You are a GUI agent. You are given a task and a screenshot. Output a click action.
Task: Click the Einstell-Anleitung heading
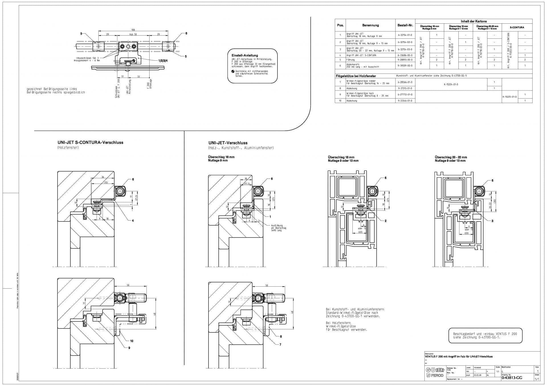[x=245, y=56]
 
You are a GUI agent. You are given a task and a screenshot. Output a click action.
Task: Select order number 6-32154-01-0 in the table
[x=405, y=35]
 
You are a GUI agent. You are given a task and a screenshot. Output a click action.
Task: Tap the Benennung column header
[x=370, y=25]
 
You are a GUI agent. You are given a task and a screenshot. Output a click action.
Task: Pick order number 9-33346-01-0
[x=405, y=101]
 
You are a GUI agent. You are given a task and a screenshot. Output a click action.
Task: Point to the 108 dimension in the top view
[x=133, y=30]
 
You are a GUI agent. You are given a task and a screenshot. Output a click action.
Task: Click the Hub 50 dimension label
[x=133, y=34]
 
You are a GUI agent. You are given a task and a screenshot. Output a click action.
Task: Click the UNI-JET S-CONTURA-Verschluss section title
[x=90, y=142]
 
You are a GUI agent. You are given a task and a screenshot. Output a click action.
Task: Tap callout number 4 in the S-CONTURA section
[x=133, y=221]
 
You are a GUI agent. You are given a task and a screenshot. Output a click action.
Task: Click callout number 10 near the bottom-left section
[x=132, y=341]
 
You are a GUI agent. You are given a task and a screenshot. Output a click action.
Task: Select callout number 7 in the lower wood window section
[x=280, y=344]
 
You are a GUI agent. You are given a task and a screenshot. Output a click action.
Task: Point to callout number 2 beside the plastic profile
[x=385, y=221]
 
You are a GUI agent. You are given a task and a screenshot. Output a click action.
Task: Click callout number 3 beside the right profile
[x=492, y=221]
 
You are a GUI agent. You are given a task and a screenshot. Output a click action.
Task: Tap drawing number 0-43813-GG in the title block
[x=512, y=378]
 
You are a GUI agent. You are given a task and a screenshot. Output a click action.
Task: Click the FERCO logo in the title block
[x=435, y=376]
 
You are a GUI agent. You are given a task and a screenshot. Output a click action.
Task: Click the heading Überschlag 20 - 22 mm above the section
[x=451, y=157]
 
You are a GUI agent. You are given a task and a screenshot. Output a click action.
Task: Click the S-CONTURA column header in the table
[x=517, y=28]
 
